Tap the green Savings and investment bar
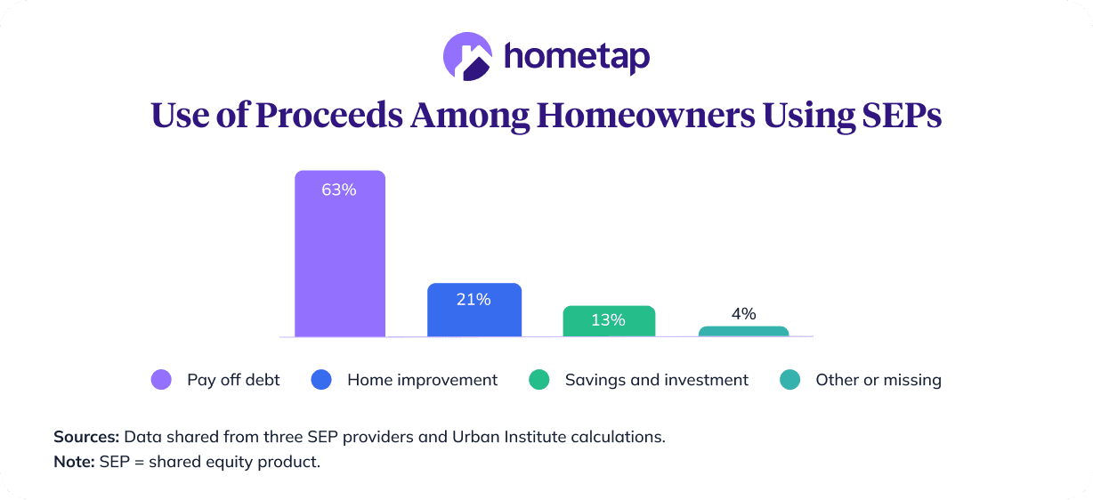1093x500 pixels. point(609,321)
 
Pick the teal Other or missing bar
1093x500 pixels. point(743,332)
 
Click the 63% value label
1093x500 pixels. point(339,190)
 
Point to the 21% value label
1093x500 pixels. point(474,300)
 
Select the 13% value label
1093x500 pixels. point(608,319)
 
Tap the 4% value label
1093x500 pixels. point(743,313)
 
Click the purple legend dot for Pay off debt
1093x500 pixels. point(161,380)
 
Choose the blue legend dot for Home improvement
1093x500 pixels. point(320,380)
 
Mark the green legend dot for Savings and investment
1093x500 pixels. point(538,380)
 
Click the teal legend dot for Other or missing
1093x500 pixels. point(789,380)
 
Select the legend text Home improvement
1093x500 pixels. point(422,380)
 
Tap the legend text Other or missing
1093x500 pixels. point(878,380)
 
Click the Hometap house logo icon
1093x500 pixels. point(467,56)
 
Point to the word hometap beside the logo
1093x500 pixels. point(577,57)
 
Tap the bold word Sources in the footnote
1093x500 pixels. point(85,437)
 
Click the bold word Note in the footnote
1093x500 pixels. point(72,464)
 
